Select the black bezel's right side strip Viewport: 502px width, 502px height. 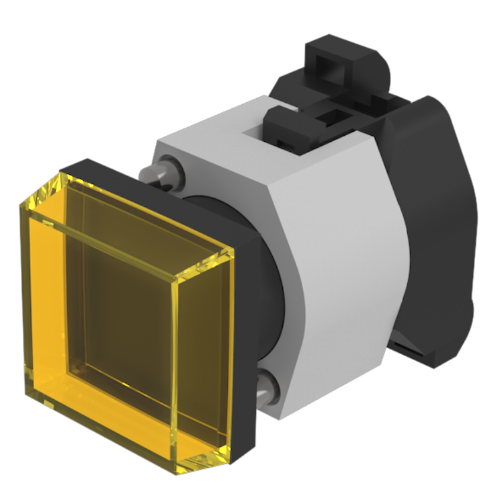click(245, 349)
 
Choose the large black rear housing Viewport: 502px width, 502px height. click(437, 222)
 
